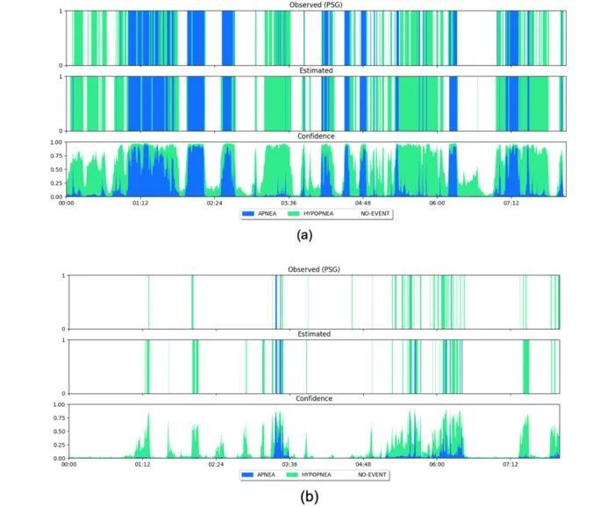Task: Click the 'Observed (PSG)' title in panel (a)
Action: (x=317, y=5)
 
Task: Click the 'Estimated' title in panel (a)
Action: (x=317, y=70)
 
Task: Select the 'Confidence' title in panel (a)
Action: (x=317, y=136)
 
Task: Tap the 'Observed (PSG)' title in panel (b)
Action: (x=315, y=269)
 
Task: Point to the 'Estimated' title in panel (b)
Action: (x=315, y=334)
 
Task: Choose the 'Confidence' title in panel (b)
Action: (x=315, y=399)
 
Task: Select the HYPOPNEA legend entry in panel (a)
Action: (x=318, y=213)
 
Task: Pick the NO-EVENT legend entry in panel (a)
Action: (x=374, y=213)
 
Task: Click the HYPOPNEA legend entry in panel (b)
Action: (x=318, y=475)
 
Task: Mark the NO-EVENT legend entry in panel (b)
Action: (x=373, y=475)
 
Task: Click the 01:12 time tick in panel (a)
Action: (x=140, y=203)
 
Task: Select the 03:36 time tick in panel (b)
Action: (x=289, y=465)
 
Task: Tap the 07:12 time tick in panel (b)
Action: (x=510, y=465)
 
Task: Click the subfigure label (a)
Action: (x=305, y=235)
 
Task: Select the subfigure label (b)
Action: (x=309, y=496)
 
